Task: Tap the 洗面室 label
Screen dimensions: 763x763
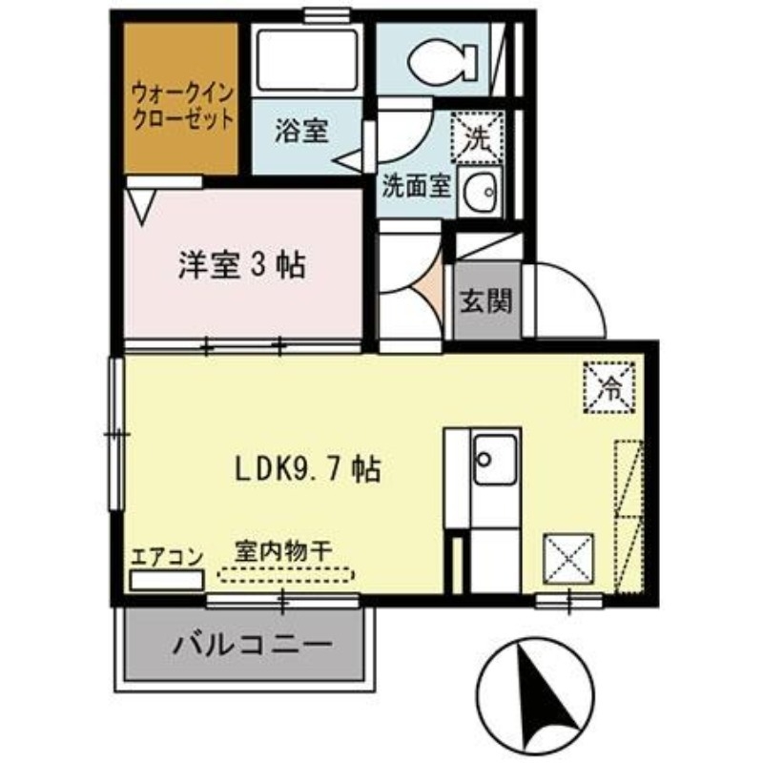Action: point(416,185)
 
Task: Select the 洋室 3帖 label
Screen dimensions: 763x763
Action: point(242,265)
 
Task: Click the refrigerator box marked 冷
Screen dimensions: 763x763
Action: point(608,386)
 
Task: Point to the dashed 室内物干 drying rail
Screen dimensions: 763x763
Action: point(285,575)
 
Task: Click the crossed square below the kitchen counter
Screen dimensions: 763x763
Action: point(568,557)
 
